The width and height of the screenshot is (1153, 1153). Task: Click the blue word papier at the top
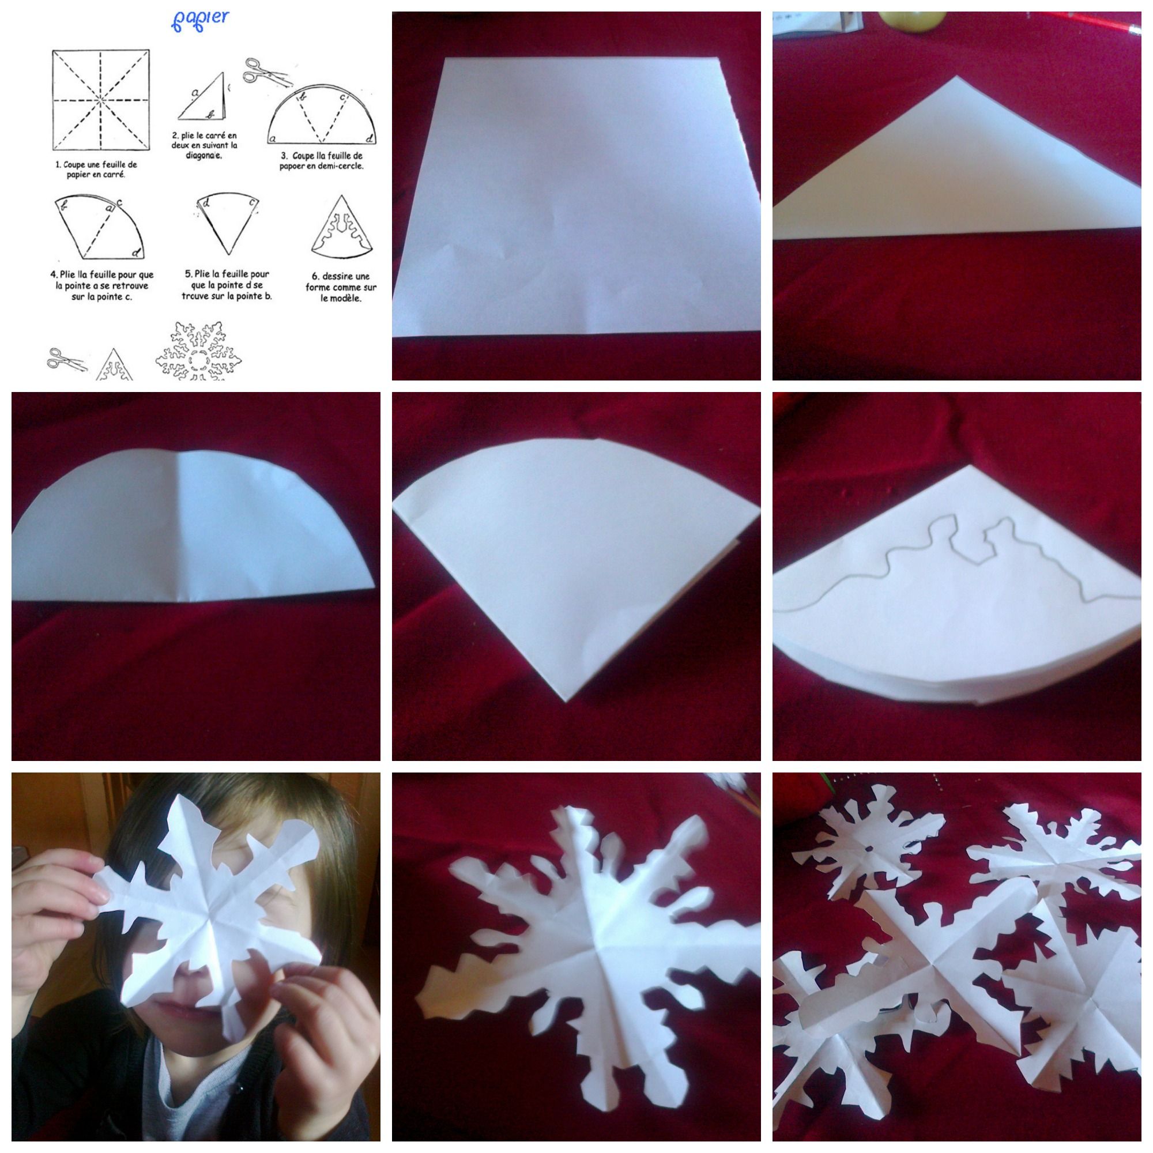199,20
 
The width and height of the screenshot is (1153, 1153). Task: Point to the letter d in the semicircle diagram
370,139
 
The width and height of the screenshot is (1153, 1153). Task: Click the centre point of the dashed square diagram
100,100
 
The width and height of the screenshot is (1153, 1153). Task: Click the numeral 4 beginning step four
53,275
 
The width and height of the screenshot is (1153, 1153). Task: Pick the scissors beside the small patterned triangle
66,360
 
